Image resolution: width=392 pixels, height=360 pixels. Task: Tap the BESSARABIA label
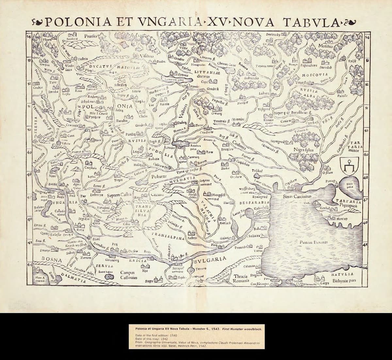click(x=254, y=203)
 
